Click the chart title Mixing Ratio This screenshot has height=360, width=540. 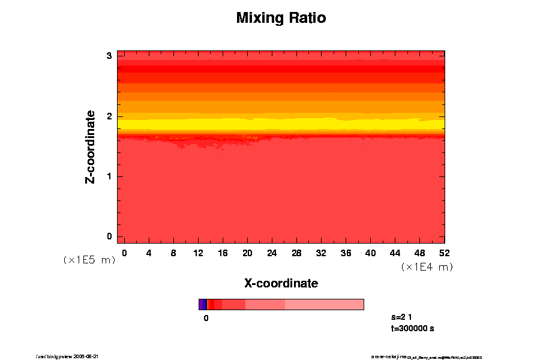point(281,18)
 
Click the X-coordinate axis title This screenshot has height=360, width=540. point(281,283)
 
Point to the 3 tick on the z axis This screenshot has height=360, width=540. point(109,56)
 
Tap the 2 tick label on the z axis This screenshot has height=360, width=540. point(109,116)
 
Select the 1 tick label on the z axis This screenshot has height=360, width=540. point(109,176)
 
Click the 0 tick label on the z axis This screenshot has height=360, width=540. point(109,236)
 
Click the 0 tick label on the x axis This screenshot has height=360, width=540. point(124,253)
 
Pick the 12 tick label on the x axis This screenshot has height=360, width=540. point(198,253)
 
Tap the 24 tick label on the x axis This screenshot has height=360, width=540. point(272,253)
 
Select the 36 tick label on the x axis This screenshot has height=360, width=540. point(346,253)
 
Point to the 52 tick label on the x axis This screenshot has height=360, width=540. point(445,253)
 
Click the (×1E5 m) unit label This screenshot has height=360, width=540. point(89,260)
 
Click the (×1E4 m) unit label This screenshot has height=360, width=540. point(427,267)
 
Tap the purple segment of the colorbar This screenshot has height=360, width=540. point(202,304)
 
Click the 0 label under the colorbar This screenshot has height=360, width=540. point(206,318)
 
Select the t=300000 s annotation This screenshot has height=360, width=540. point(412,328)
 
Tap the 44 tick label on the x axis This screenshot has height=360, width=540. point(395,253)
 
